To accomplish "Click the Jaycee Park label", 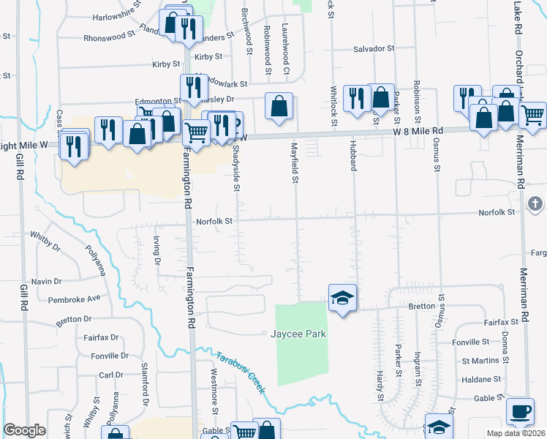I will click(298, 334).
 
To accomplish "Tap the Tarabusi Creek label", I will click(240, 372).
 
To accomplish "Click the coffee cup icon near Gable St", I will click(520, 411).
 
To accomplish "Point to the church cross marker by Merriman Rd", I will click(535, 203).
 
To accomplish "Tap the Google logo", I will click(24, 430).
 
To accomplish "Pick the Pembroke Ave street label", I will click(74, 299).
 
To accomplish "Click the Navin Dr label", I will click(46, 281).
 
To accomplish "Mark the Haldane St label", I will click(482, 380).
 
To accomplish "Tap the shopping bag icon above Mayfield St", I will click(279, 107).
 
